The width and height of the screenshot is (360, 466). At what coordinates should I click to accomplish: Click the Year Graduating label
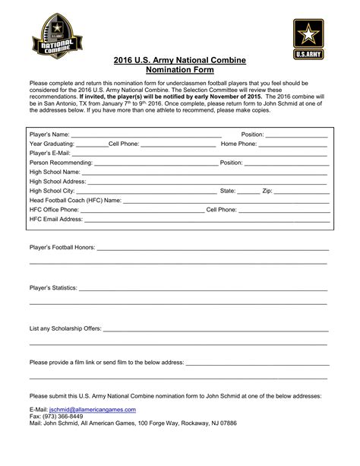[52, 144]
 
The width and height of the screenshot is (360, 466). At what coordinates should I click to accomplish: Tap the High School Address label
[58, 182]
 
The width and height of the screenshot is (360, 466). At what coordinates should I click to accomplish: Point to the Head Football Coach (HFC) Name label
[75, 201]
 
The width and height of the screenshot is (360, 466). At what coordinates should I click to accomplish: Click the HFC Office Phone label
[53, 210]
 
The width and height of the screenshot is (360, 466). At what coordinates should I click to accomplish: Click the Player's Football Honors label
[62, 249]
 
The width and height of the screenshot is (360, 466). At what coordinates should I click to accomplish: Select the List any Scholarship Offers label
[65, 329]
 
